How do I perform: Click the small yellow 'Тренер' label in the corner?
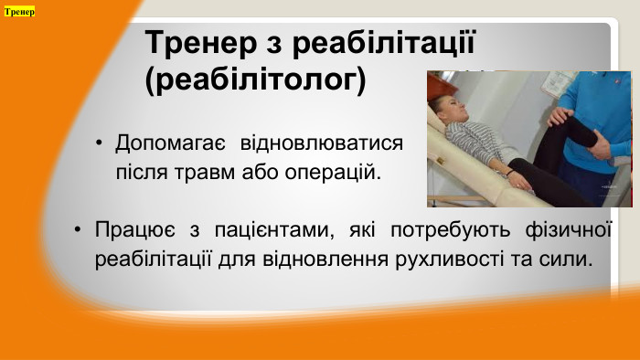pos(19,12)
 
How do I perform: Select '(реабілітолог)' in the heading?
pos(256,80)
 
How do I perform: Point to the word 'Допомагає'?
pos(168,144)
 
